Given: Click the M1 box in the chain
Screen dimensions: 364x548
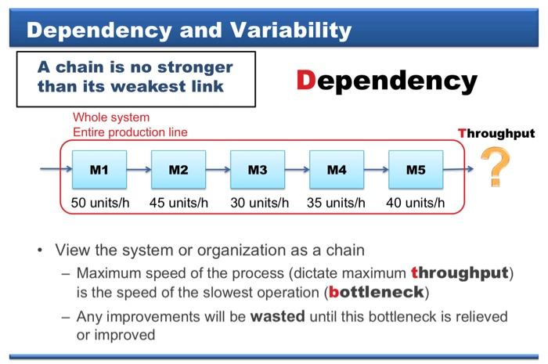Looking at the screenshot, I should coord(99,169).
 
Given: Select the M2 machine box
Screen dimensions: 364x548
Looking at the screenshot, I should coord(178,169).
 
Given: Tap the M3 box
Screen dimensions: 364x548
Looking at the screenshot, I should coord(258,169).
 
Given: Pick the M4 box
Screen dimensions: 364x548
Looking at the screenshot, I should coord(337,169).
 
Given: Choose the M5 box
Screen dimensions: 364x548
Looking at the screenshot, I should coord(416,169).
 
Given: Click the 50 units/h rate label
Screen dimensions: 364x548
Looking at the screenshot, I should coord(100,202).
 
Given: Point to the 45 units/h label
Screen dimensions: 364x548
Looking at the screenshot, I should coord(178,202).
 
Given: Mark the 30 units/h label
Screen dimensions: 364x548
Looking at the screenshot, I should coord(260,202).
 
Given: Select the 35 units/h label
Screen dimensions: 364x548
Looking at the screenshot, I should coord(337,202).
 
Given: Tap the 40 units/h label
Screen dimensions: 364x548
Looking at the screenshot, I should coord(415,202).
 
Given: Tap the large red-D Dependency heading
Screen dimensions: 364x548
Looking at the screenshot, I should coord(387,80).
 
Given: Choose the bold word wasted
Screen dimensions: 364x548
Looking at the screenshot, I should coord(278,316).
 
